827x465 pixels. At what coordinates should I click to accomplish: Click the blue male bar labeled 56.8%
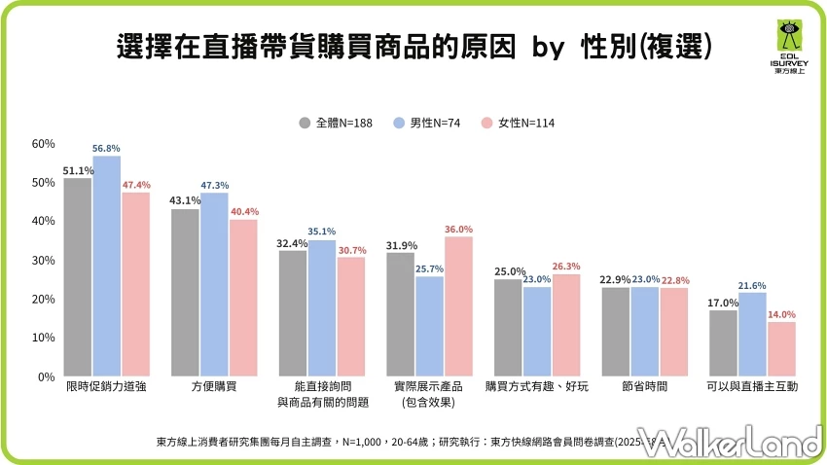coord(107,266)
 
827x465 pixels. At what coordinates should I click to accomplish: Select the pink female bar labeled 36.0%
coord(458,306)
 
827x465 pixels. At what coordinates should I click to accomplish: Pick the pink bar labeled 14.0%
coord(781,349)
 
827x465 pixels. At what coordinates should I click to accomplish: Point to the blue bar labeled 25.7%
coord(429,326)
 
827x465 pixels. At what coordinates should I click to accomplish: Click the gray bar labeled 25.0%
coord(508,328)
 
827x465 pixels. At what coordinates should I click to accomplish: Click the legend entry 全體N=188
coord(335,124)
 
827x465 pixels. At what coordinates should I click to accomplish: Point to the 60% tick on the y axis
coord(43,144)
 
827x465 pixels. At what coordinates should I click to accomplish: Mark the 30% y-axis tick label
coord(43,261)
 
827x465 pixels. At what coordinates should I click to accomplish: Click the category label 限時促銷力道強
coord(107,387)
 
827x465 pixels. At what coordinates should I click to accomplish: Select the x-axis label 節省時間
coord(644,387)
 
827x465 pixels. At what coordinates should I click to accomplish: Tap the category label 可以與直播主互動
coord(752,387)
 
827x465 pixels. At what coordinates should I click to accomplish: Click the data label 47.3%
coord(214,185)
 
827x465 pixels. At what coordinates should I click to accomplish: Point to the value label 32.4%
coord(293,243)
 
